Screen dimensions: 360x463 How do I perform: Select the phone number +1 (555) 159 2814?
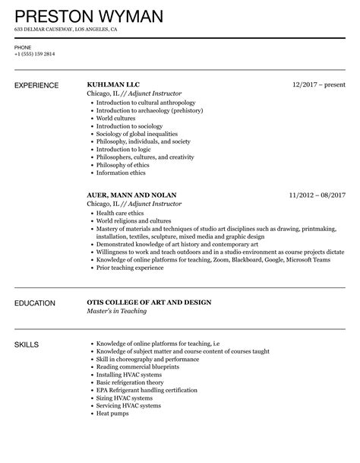34,55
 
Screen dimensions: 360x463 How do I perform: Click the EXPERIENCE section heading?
36,85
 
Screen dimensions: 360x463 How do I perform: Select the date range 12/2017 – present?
317,84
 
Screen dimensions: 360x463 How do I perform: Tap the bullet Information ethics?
121,172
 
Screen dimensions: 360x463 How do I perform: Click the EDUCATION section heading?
36,303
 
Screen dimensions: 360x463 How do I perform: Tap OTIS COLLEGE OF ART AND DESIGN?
159,303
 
